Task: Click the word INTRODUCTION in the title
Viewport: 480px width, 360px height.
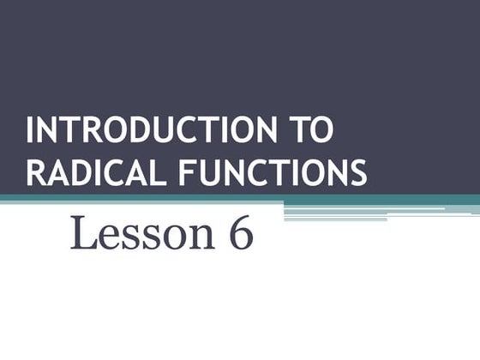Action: tap(145, 130)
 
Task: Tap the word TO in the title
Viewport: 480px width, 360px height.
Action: tap(308, 130)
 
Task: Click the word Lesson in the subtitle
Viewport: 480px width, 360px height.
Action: tap(141, 233)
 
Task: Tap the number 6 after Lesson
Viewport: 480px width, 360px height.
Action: tap(240, 233)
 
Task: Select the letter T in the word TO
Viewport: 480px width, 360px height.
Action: tap(295, 130)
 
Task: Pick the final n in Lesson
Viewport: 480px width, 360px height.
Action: tap(200, 237)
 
